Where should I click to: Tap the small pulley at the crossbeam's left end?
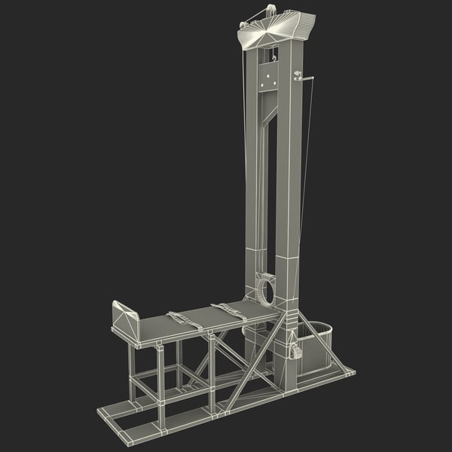(243, 26)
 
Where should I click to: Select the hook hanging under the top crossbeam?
(274, 54)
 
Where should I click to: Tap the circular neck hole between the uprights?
(264, 290)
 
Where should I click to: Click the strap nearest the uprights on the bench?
(226, 311)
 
